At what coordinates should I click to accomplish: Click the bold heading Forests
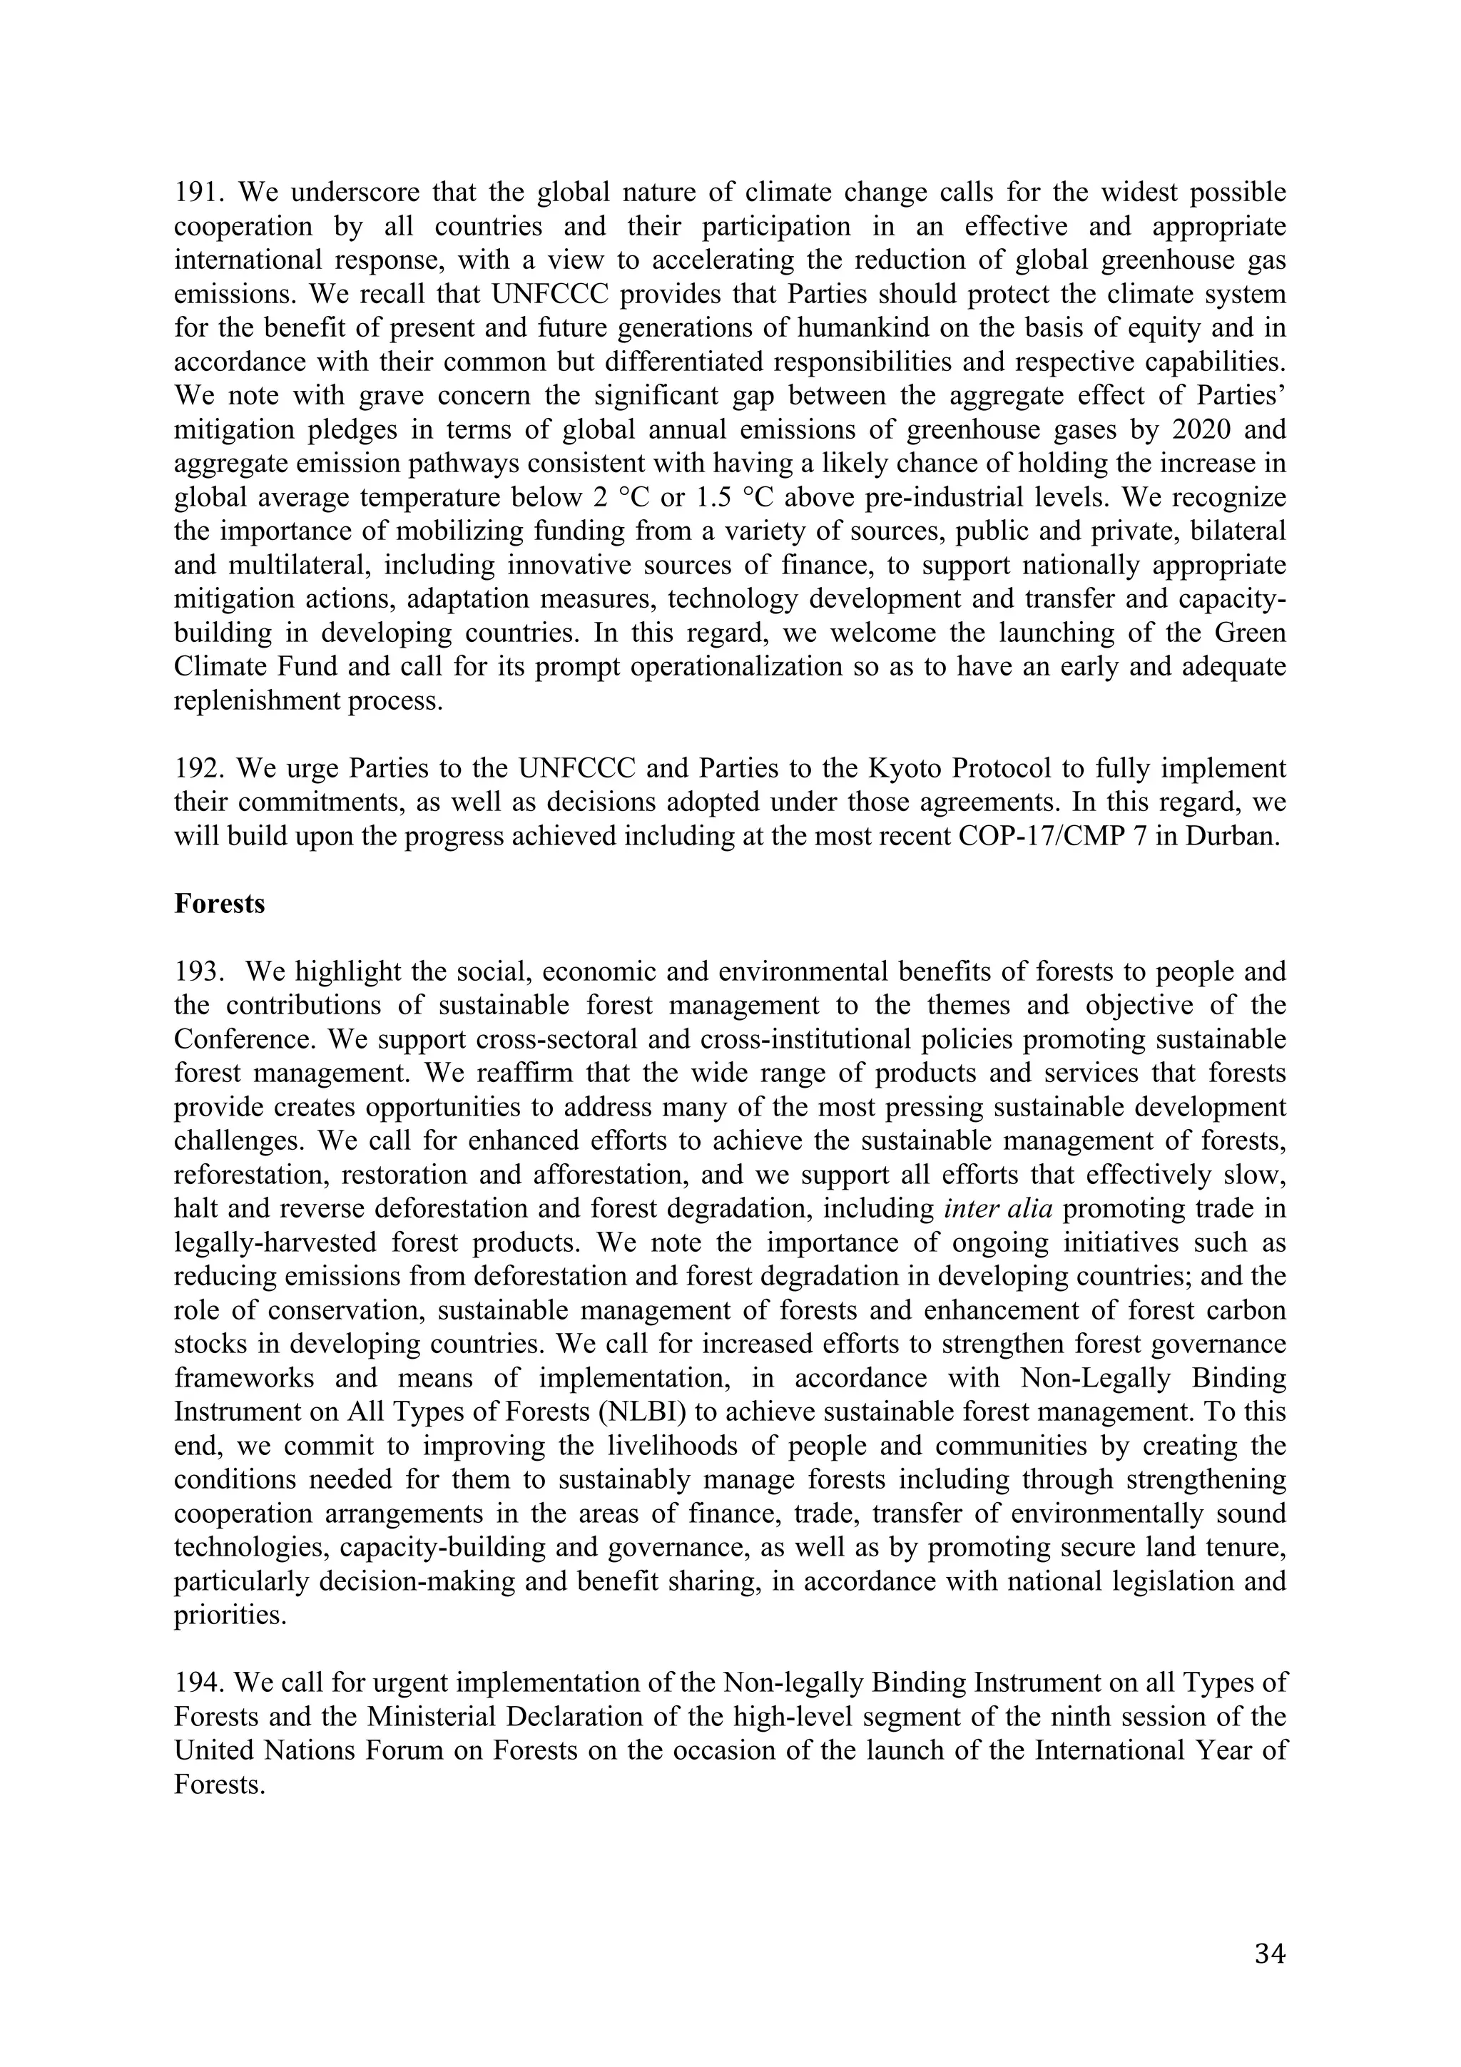[x=220, y=904]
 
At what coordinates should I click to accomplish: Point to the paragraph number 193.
[x=197, y=972]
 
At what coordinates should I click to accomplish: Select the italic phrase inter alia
[x=998, y=1209]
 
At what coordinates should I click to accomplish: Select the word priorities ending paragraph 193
[x=229, y=1616]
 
